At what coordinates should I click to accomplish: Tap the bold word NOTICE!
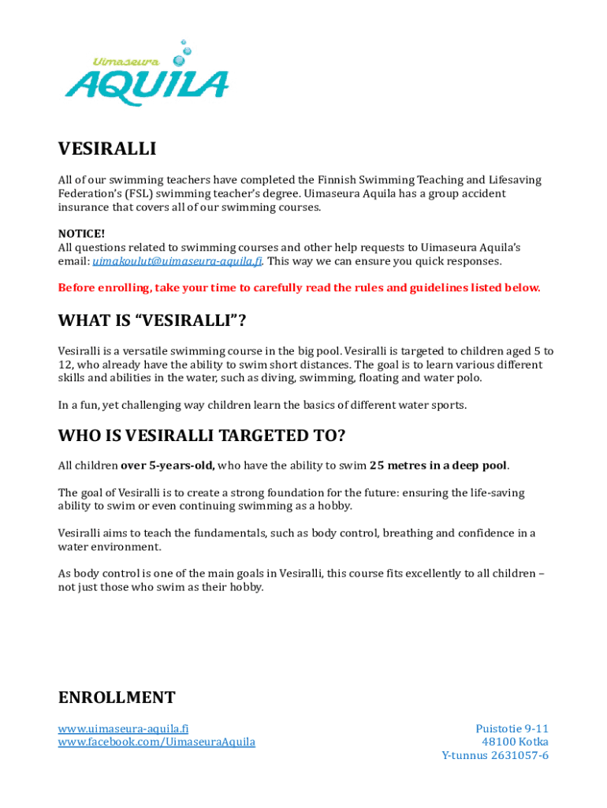tap(81, 234)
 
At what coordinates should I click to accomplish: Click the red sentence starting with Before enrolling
tap(300, 288)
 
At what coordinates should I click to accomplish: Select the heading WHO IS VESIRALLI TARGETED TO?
tap(202, 436)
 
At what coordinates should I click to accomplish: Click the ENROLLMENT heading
tap(117, 698)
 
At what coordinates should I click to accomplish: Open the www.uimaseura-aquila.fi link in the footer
tap(123, 728)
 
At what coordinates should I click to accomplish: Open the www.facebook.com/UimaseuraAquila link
tap(156, 743)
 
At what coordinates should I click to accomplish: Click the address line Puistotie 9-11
tap(512, 728)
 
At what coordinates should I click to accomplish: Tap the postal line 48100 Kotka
tap(515, 743)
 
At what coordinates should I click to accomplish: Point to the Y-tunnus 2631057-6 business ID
tap(495, 756)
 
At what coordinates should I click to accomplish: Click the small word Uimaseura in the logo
tap(127, 61)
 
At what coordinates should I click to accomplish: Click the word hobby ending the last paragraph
tap(246, 587)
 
